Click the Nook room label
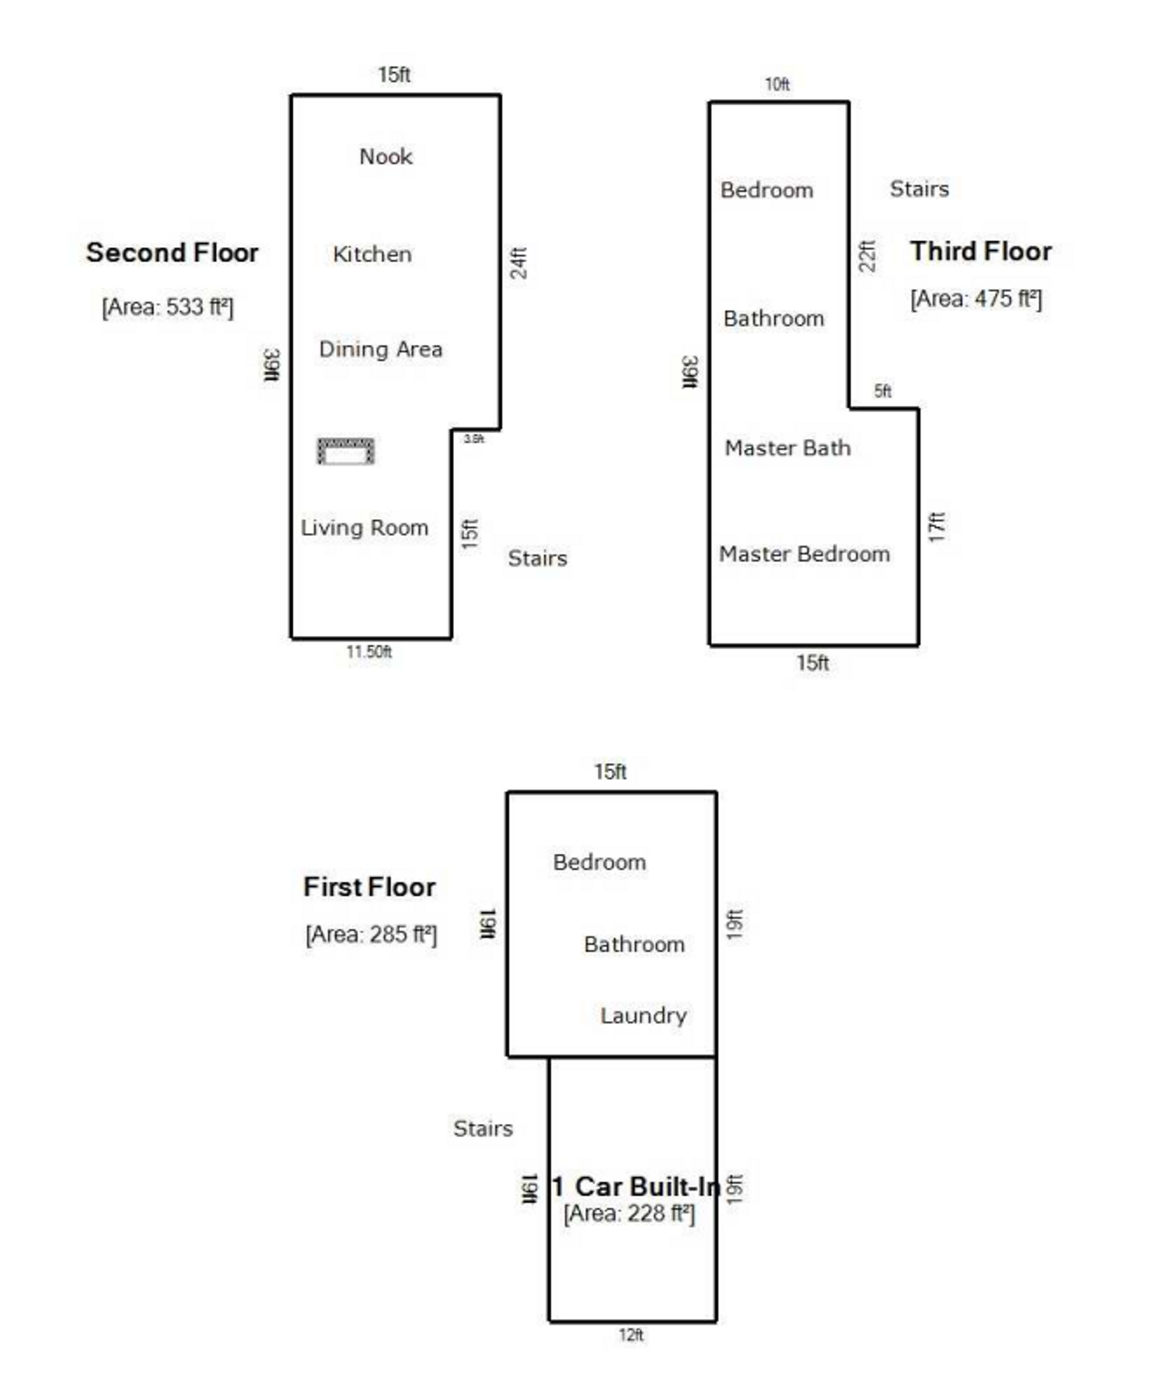pos(386,157)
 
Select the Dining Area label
pos(380,349)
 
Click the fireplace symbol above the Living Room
pos(346,451)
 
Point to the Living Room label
pos(365,528)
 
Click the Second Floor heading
pos(172,253)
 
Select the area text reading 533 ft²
pos(167,307)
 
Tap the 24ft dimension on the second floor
pos(519,263)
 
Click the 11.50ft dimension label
pos(369,652)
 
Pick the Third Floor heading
pos(981,252)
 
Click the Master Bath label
pos(788,448)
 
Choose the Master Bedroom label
pos(804,554)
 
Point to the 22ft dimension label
pos(868,256)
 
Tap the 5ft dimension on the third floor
pos(883,392)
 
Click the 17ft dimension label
pos(936,527)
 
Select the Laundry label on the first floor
pos(643,1015)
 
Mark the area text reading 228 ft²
pos(629,1213)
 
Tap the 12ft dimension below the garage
pos(631,1335)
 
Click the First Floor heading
pos(369,887)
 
